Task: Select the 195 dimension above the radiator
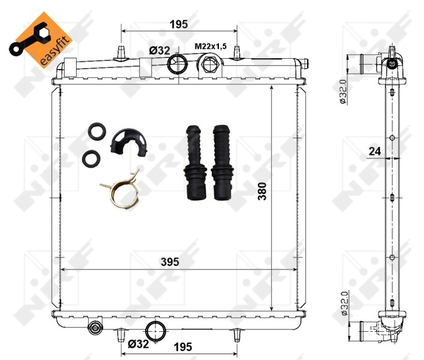pyautogui.click(x=179, y=24)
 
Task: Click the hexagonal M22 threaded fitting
pyautogui.click(x=209, y=64)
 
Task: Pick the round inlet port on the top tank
pyautogui.click(x=177, y=64)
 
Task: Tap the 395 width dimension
pyautogui.click(x=170, y=262)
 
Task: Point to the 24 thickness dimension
pyautogui.click(x=375, y=152)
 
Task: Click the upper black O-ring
pyautogui.click(x=97, y=131)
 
